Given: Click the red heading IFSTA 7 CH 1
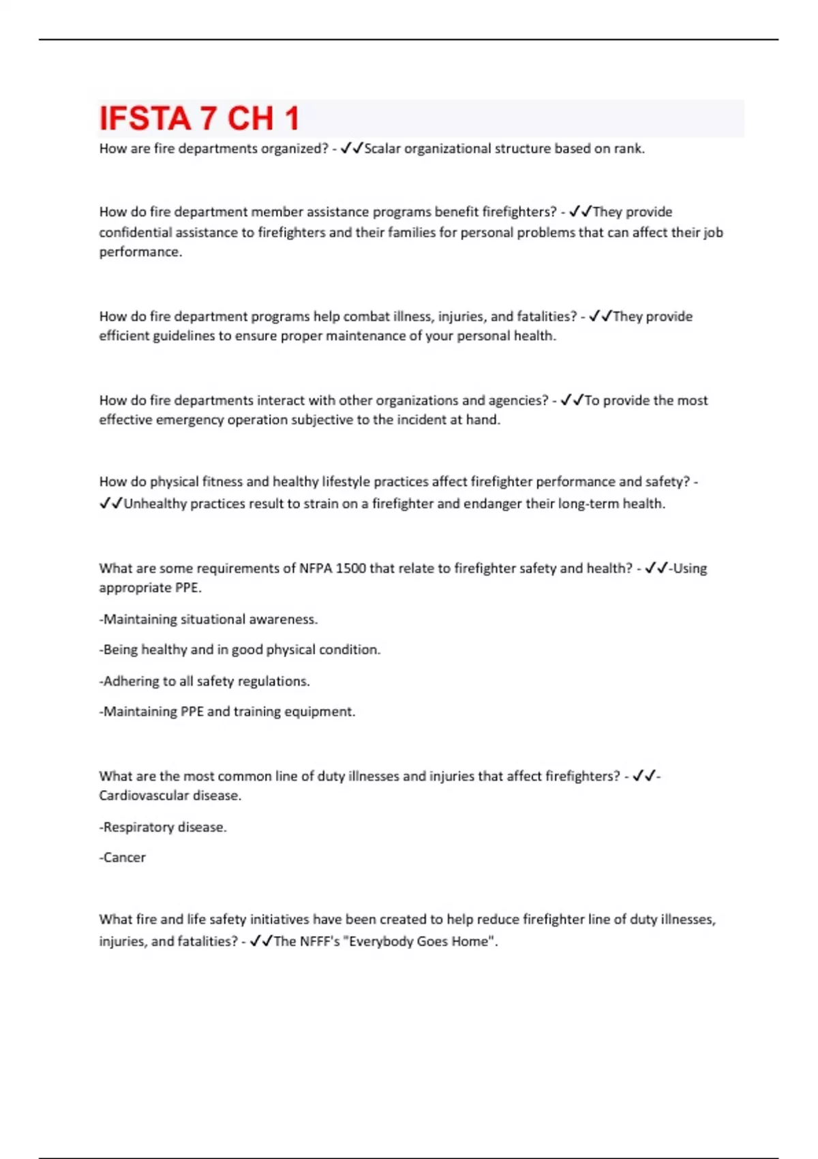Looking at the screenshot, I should click(x=199, y=119).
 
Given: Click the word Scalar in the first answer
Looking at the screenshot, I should click(x=382, y=149).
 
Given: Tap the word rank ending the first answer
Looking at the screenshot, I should click(x=630, y=149).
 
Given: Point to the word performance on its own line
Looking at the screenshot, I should click(x=140, y=252).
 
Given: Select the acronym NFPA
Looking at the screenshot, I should click(x=316, y=569).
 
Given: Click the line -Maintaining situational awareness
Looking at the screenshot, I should click(x=209, y=620).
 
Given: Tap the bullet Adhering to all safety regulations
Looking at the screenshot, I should click(x=204, y=681).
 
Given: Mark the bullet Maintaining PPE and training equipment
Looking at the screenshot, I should click(x=228, y=712).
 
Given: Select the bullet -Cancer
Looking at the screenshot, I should click(x=123, y=858).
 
